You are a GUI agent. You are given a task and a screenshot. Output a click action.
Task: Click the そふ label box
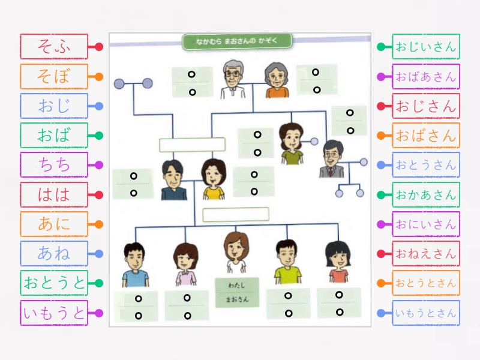tap(54, 47)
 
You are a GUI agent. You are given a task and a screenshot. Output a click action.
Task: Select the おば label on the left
tap(54, 136)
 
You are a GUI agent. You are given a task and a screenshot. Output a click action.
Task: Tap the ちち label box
tap(54, 165)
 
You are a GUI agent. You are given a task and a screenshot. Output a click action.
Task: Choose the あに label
tap(54, 224)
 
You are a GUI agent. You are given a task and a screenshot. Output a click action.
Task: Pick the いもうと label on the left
tap(54, 313)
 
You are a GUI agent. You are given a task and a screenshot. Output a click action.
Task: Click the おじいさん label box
tap(426, 47)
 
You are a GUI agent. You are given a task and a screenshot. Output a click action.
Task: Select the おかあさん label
tap(426, 194)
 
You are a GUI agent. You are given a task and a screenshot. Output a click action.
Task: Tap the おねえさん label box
tap(426, 253)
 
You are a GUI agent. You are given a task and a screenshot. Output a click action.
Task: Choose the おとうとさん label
tap(426, 283)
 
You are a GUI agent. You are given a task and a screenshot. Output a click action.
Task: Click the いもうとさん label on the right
tap(426, 313)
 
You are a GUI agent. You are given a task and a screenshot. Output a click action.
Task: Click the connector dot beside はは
tap(99, 194)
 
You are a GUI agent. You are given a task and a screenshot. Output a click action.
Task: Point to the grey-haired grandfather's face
tap(232, 74)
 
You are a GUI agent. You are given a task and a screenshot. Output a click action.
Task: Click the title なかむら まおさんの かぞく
tap(237, 41)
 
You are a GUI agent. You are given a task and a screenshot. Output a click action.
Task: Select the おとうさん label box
tap(426, 165)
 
